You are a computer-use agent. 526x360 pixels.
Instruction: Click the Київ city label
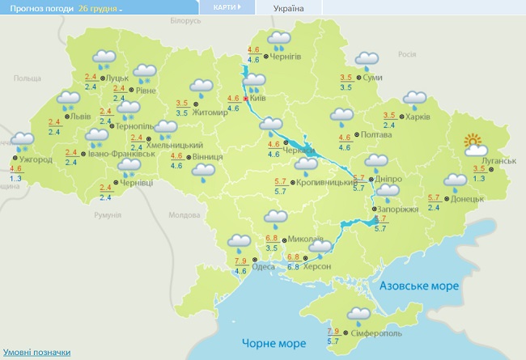(259, 98)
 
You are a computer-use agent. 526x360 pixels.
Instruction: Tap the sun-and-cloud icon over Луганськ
(475, 146)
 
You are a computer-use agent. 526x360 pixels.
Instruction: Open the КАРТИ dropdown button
(227, 7)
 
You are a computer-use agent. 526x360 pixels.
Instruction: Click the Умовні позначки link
(36, 353)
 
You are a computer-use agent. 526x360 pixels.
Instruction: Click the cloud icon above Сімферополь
(358, 315)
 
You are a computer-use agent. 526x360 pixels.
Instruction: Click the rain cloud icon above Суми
(367, 60)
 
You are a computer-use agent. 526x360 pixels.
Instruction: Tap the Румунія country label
(107, 215)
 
